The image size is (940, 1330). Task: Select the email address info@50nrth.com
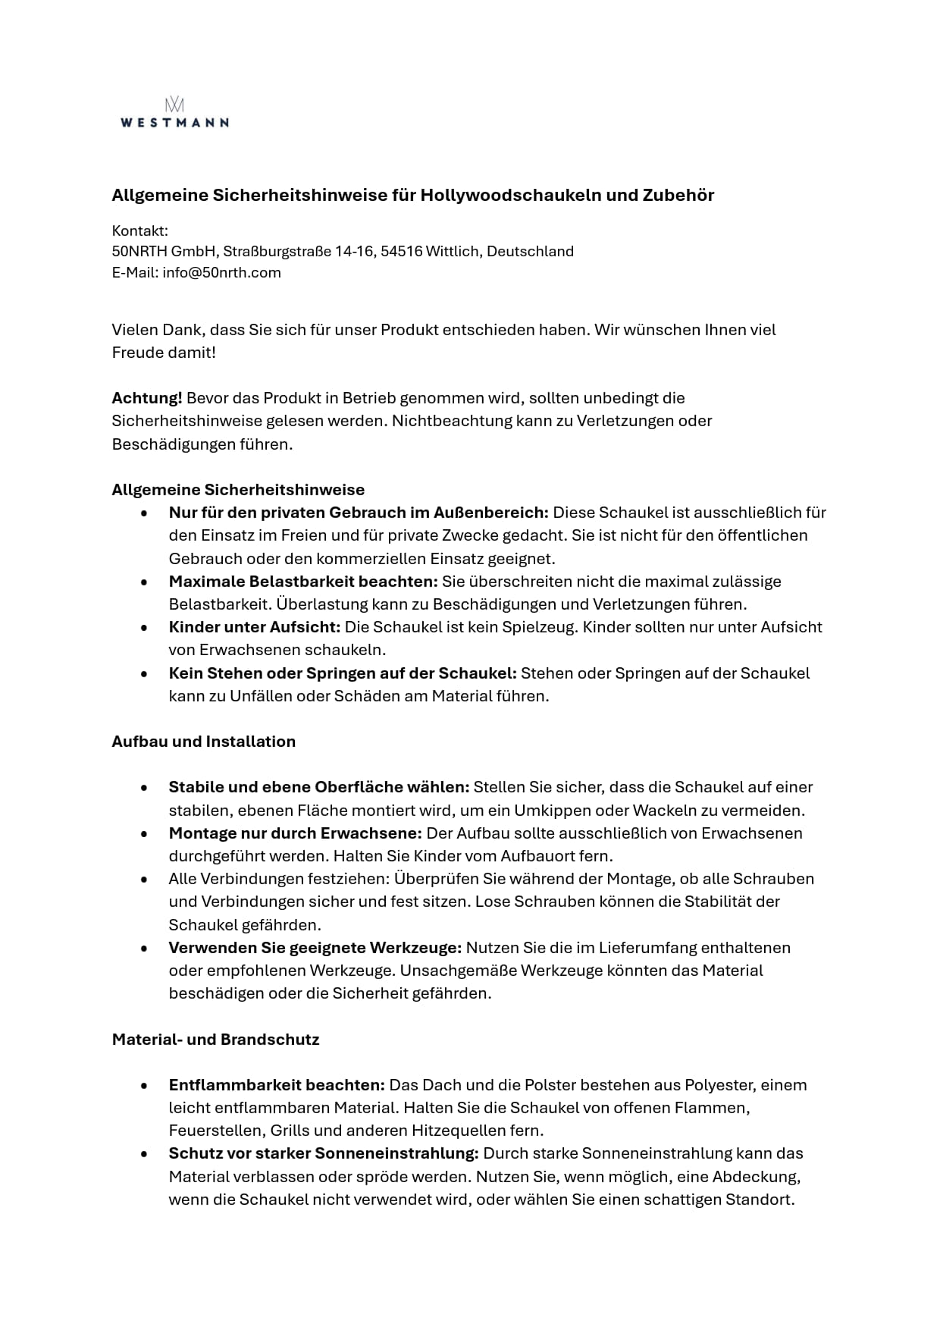pyautogui.click(x=221, y=273)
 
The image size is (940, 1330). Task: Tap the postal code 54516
pyautogui.click(x=401, y=252)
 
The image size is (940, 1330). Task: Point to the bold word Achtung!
pyautogui.click(x=146, y=398)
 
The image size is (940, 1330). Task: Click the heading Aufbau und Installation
pyautogui.click(x=203, y=742)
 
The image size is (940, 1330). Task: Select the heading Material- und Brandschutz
pyautogui.click(x=215, y=1040)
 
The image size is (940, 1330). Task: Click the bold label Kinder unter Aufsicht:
pyautogui.click(x=255, y=627)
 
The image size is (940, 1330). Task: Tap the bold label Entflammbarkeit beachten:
pyautogui.click(x=277, y=1085)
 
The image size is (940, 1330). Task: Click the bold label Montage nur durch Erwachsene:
pyautogui.click(x=295, y=833)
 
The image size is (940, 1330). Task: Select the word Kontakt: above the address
pyautogui.click(x=139, y=231)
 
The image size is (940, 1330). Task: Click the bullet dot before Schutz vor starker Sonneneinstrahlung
pyautogui.click(x=144, y=1154)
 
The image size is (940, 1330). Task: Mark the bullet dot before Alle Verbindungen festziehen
pyautogui.click(x=144, y=880)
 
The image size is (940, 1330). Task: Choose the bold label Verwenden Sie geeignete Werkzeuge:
pyautogui.click(x=315, y=948)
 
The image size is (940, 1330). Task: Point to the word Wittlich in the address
pyautogui.click(x=452, y=252)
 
